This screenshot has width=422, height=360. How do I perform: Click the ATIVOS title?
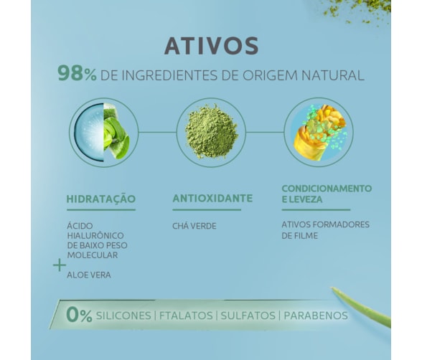(212, 46)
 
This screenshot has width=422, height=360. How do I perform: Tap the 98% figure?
(77, 74)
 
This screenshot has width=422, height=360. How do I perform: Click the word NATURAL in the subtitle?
(333, 75)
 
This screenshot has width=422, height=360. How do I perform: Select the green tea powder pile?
(212, 131)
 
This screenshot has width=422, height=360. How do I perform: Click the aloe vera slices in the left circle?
(116, 131)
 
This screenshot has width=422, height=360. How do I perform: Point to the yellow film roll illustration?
(320, 132)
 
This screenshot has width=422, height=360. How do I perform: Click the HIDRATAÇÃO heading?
(101, 199)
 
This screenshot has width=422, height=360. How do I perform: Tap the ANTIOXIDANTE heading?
(212, 199)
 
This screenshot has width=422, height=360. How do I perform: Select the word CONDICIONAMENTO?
(327, 189)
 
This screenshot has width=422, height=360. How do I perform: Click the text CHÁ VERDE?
(194, 226)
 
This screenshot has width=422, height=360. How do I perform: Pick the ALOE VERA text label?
(89, 275)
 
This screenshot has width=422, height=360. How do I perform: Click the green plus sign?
(60, 265)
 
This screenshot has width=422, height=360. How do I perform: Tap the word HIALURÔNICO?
(95, 236)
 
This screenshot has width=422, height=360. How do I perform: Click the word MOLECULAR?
(93, 255)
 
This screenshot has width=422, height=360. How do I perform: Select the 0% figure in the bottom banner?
(79, 315)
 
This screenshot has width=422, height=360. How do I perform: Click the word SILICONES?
(123, 316)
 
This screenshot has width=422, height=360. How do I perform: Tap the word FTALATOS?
(186, 316)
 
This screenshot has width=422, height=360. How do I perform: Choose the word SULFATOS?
(248, 316)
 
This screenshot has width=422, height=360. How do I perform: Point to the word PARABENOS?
(316, 316)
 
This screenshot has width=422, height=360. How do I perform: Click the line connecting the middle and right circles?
(265, 132)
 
